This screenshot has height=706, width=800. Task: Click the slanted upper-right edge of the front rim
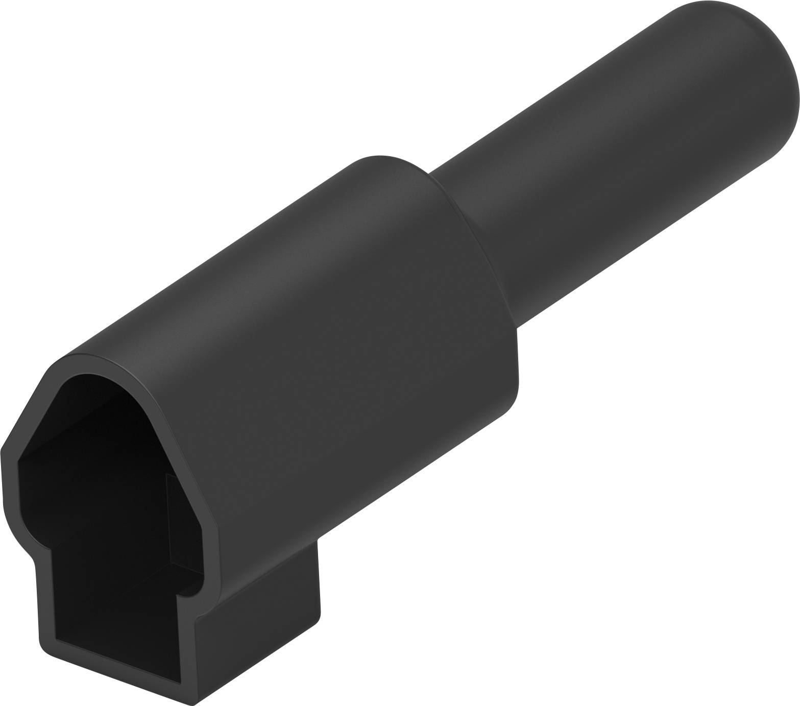coord(179,459)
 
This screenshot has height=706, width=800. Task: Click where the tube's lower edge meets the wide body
coord(517,327)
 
